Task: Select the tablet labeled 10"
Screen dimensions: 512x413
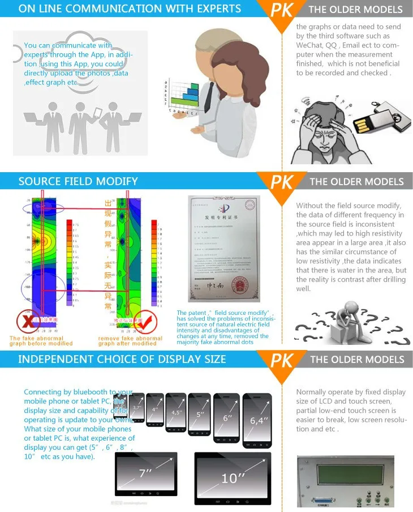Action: [233, 477]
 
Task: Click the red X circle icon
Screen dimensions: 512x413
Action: [27, 321]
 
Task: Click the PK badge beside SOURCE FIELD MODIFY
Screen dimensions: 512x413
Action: [282, 183]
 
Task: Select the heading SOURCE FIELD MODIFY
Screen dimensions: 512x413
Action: [78, 181]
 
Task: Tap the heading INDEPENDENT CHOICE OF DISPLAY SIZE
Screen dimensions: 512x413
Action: [122, 359]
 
